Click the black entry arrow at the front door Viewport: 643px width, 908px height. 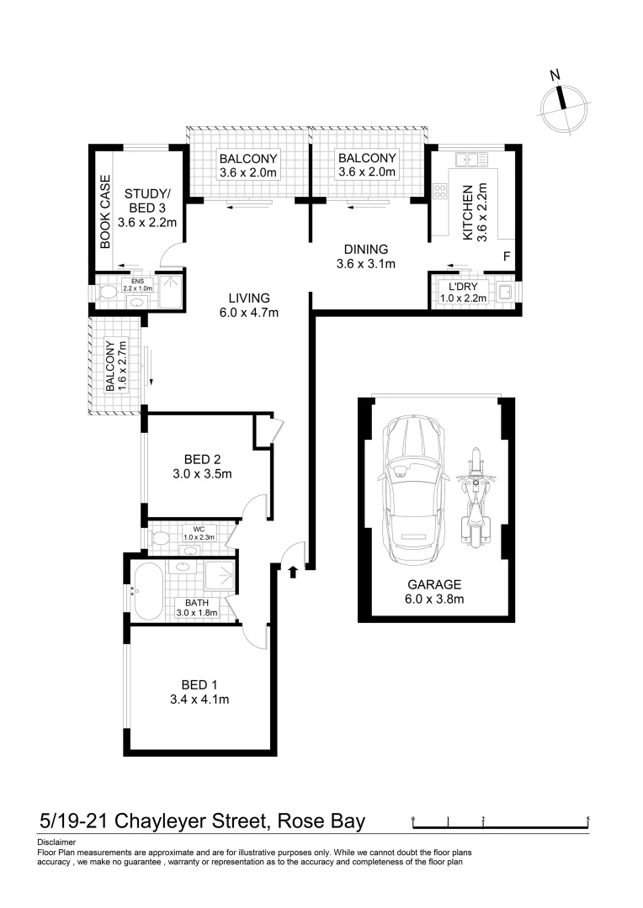pyautogui.click(x=293, y=573)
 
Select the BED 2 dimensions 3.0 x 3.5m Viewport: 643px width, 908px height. pyautogui.click(x=202, y=474)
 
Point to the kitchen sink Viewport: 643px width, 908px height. pyautogui.click(x=466, y=159)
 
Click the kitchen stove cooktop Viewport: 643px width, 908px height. pyautogui.click(x=439, y=192)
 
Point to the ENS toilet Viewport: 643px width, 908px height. pyautogui.click(x=107, y=292)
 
